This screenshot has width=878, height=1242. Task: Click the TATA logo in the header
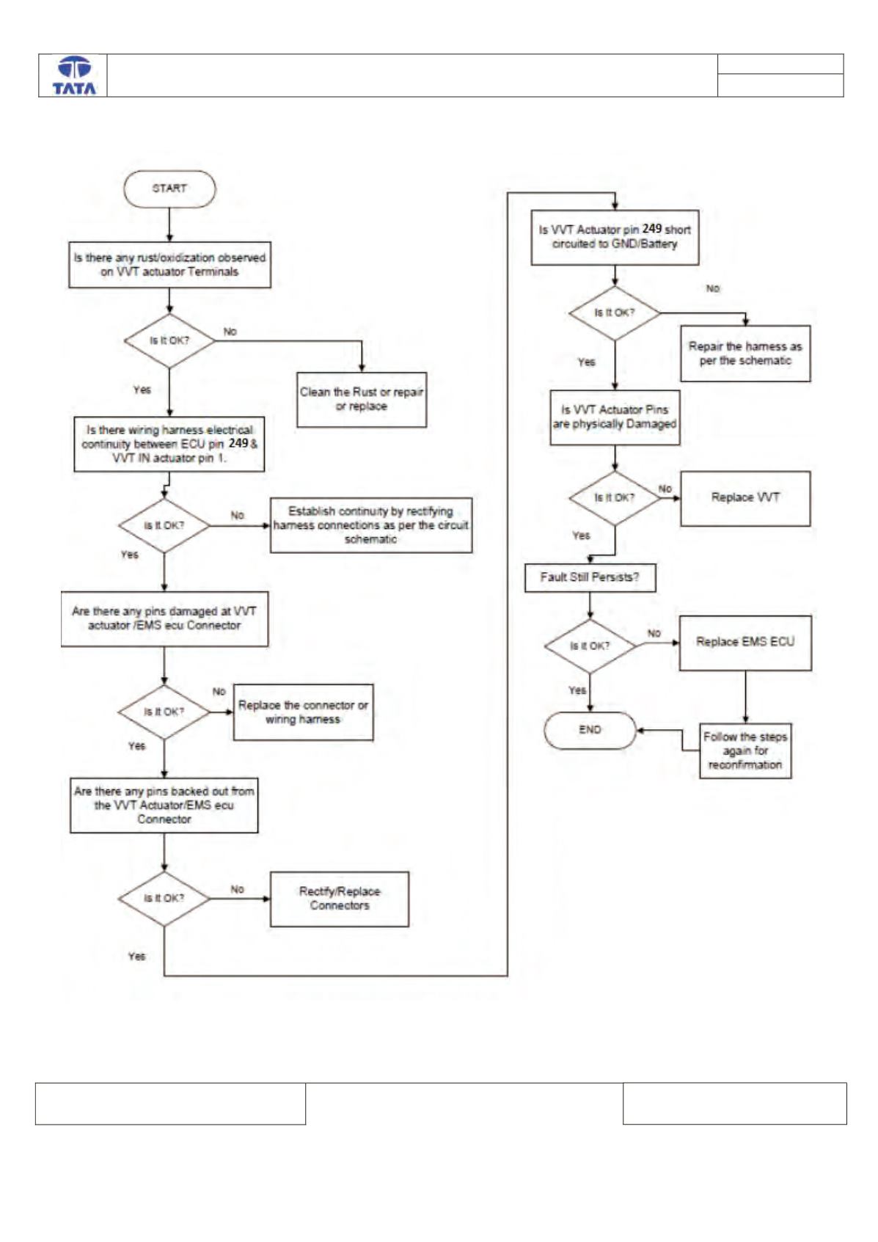pos(74,76)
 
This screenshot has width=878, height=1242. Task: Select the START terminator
pos(169,189)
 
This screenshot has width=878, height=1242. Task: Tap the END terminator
pos(590,730)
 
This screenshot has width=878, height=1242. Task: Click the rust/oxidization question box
pos(169,265)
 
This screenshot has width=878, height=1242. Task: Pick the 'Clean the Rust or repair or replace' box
pos(362,399)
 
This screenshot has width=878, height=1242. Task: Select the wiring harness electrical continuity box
pos(169,444)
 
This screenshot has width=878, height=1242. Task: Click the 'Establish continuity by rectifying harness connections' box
pos(371,525)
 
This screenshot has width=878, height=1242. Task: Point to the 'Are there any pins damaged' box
pos(164,618)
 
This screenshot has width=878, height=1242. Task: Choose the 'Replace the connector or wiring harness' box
pos(303,712)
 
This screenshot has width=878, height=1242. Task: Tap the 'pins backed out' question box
pos(164,805)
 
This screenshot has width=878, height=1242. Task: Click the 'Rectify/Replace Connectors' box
pos(339,899)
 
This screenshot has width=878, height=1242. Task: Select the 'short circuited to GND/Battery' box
pos(615,237)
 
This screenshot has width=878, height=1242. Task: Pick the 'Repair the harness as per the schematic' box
pos(745,353)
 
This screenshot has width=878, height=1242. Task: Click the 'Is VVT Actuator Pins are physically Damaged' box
pos(615,417)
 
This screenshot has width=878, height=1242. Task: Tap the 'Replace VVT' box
pos(745,498)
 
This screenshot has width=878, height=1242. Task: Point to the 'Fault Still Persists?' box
pos(590,578)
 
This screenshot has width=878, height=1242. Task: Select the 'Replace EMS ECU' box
pos(745,643)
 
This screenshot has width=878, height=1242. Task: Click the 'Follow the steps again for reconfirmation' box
pos(745,750)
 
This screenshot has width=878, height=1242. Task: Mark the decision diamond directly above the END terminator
pos(590,646)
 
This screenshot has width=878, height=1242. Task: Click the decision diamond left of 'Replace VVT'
pos(615,498)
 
